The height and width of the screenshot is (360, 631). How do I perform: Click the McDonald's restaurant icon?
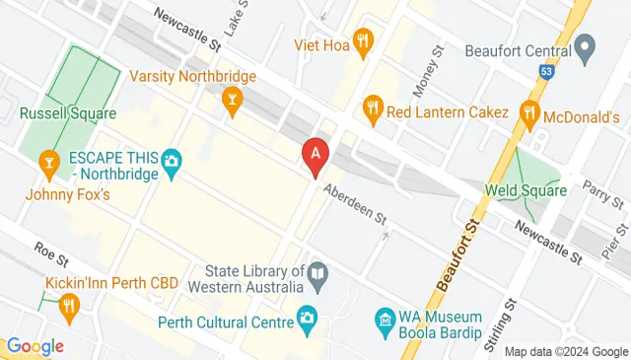tap(529, 111)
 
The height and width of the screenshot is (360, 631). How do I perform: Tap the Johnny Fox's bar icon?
tap(47, 161)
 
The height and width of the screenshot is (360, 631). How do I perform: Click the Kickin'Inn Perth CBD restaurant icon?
tap(68, 307)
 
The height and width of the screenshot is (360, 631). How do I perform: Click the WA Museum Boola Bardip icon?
tap(385, 320)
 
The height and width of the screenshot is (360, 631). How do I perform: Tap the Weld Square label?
tap(526, 189)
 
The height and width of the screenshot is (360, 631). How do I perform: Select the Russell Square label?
tap(58, 112)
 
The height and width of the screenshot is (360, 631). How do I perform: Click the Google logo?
tap(34, 346)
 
